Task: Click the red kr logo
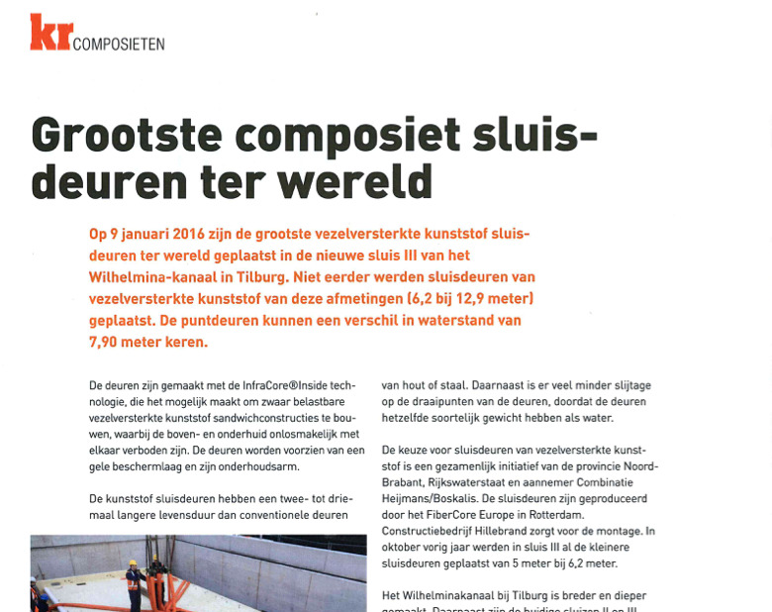click(49, 32)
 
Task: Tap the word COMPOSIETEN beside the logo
click(119, 44)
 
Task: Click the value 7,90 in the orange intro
click(108, 342)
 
